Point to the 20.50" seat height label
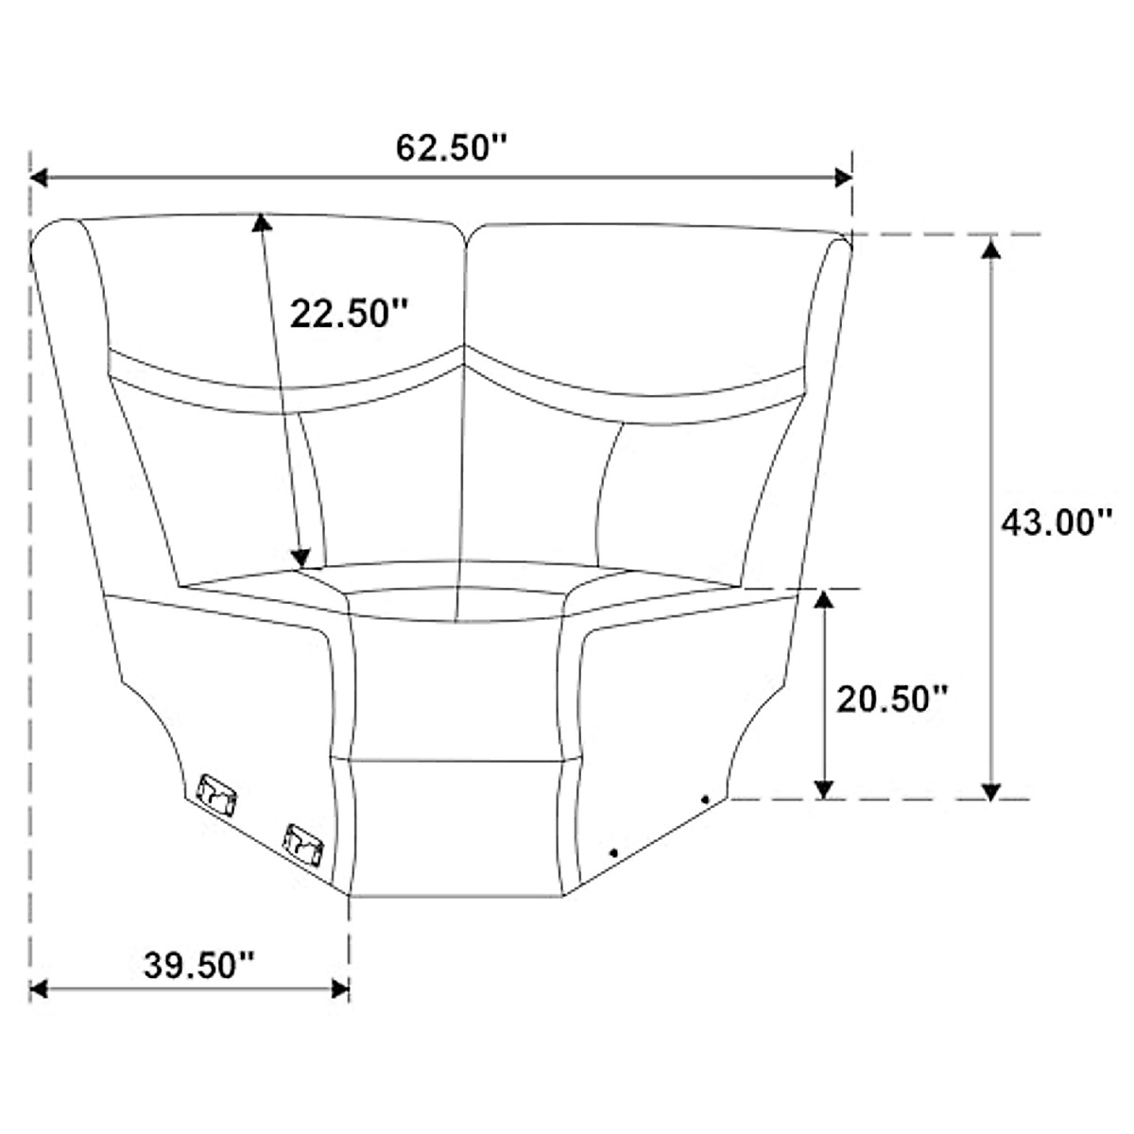coord(892,699)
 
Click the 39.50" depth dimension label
coord(198,965)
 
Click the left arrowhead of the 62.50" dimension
coord(39,177)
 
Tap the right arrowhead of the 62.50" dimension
coord(843,177)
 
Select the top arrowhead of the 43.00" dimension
coord(991,248)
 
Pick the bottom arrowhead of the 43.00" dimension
coord(991,791)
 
